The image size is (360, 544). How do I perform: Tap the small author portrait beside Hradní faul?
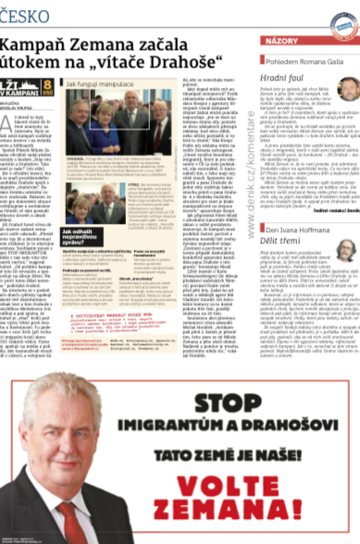(x=346, y=89)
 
